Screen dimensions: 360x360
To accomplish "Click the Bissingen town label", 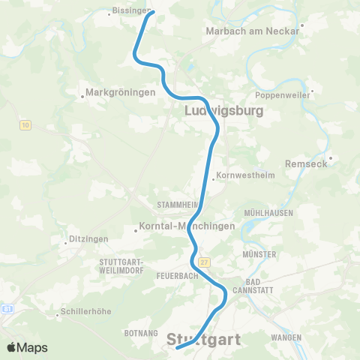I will click(127, 11).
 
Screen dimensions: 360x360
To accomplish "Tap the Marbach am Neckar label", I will click(252, 31).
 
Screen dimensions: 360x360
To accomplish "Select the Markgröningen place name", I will click(120, 92).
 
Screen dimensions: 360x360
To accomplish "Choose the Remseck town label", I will click(307, 163).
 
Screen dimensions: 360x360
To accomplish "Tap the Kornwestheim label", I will click(244, 176).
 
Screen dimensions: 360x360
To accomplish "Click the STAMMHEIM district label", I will click(178, 204).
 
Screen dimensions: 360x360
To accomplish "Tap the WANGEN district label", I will click(286, 337).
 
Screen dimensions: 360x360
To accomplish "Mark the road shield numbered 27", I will click(205, 261).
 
